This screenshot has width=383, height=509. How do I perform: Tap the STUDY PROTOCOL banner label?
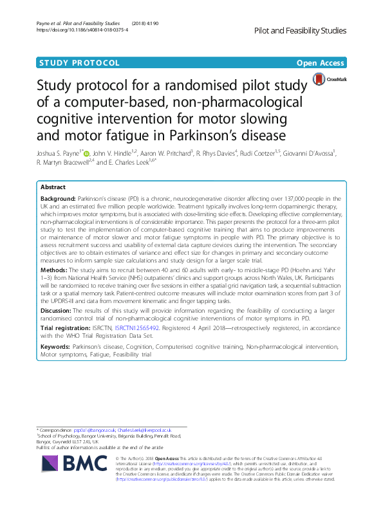pyautogui.click(x=79, y=62)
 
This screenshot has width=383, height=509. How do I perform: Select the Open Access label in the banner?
pyautogui.click(x=321, y=62)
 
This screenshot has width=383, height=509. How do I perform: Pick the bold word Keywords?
pyautogui.click(x=55, y=347)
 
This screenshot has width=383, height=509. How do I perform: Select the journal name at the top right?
pyautogui.click(x=300, y=30)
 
